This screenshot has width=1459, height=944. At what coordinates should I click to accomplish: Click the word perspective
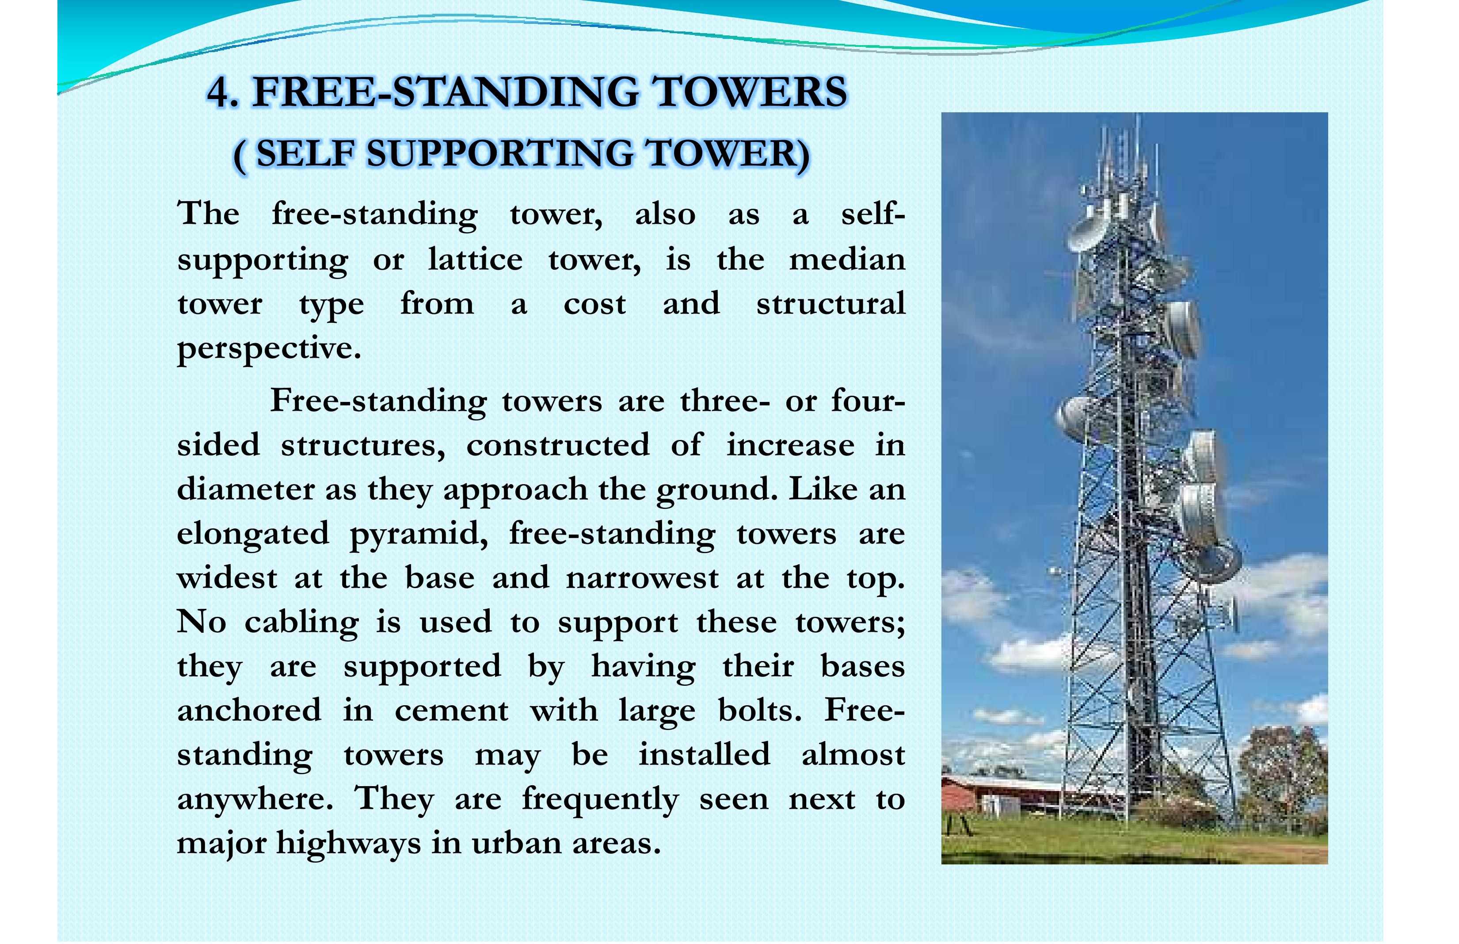268,349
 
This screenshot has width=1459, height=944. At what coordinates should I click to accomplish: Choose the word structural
830,304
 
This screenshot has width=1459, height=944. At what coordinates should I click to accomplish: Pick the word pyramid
419,533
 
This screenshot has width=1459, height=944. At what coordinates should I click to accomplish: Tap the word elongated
252,533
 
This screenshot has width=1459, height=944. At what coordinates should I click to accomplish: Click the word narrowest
642,577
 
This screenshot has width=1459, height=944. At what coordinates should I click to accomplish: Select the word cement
451,711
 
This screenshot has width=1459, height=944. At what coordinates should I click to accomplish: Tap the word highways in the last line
348,844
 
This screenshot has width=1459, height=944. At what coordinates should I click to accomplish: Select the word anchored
249,711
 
